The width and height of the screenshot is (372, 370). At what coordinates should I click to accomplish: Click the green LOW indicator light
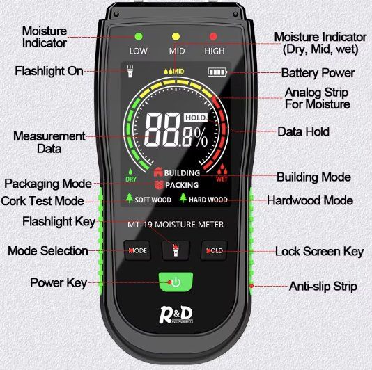pyautogui.click(x=139, y=36)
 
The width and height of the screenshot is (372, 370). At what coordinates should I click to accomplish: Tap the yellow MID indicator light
pyautogui.click(x=176, y=36)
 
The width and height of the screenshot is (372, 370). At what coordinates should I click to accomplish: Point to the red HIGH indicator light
pyautogui.click(x=213, y=36)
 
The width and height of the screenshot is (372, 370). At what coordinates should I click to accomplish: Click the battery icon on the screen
pyautogui.click(x=217, y=72)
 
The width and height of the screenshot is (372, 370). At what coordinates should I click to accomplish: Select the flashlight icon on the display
pyautogui.click(x=130, y=71)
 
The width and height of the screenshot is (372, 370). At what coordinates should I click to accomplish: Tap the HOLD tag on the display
pyautogui.click(x=196, y=118)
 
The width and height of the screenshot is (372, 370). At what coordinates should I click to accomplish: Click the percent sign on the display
pyautogui.click(x=201, y=138)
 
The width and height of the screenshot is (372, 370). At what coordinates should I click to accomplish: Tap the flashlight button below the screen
pyautogui.click(x=176, y=250)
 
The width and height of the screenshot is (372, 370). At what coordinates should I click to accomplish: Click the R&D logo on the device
pyautogui.click(x=176, y=315)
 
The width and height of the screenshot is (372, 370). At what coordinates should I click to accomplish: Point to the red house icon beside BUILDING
pyautogui.click(x=158, y=172)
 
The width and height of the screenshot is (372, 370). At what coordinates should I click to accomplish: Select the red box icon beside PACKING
pyautogui.click(x=159, y=185)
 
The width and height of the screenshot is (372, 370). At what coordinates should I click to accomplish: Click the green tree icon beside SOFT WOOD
pyautogui.click(x=130, y=198)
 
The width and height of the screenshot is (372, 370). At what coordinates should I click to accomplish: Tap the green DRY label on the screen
pyautogui.click(x=131, y=179)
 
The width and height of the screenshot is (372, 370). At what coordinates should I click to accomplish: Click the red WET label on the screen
pyautogui.click(x=222, y=179)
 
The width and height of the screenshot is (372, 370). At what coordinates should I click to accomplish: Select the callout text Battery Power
pyautogui.click(x=318, y=73)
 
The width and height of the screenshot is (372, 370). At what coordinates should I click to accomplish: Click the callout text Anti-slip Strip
pyautogui.click(x=323, y=286)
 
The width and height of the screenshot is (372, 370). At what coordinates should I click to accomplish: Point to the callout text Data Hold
pyautogui.click(x=304, y=131)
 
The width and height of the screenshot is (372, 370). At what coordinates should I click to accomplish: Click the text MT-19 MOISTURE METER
pyautogui.click(x=176, y=225)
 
